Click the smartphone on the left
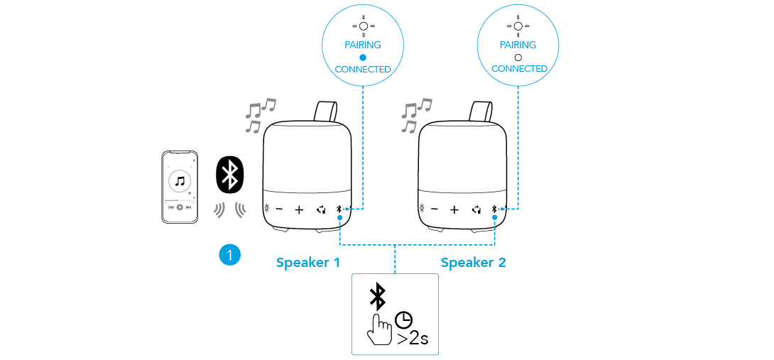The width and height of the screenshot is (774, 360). point(180,187)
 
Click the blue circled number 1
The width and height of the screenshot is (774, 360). point(229,255)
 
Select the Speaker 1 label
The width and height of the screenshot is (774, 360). point(307,263)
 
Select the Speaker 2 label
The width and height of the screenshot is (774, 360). point(473,263)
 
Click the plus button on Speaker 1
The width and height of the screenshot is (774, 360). point(299,209)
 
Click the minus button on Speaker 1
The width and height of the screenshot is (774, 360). point(279,209)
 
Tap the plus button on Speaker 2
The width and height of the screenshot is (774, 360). point(454,209)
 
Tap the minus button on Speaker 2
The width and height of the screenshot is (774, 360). point(435,209)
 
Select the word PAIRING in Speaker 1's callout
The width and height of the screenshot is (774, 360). point(362,45)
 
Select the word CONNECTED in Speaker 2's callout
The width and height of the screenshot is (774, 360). point(519,69)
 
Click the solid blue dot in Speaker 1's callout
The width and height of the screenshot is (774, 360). point(362,57)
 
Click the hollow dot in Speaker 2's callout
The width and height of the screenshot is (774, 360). point(518,57)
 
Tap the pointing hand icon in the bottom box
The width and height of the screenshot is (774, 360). point(380,329)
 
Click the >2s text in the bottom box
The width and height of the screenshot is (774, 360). point(413,337)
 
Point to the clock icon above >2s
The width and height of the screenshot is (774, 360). point(405,319)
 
